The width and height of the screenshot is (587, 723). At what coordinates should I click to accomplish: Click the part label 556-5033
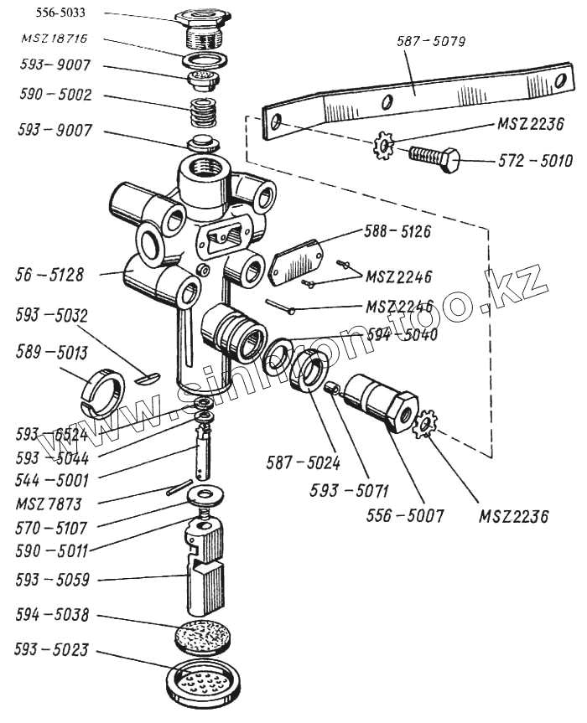[54, 14]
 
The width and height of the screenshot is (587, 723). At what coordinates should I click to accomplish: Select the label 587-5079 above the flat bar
[434, 40]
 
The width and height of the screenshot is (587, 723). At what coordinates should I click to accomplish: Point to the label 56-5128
[49, 272]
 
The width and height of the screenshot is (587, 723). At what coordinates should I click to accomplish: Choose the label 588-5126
[397, 231]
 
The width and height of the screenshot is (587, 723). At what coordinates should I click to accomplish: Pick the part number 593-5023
[52, 650]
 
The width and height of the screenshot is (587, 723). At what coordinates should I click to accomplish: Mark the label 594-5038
[52, 615]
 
